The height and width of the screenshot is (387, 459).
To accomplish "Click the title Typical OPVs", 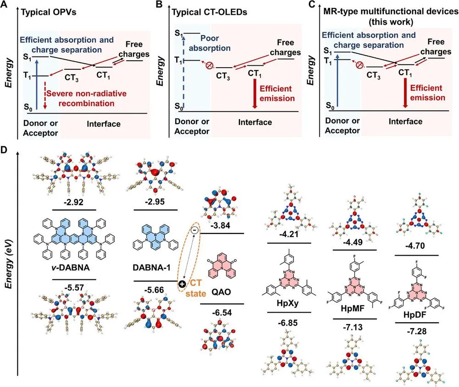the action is point(49,12).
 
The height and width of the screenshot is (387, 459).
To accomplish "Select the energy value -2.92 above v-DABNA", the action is point(73,202).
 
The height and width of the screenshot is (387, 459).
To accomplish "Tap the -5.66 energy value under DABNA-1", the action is point(154,290).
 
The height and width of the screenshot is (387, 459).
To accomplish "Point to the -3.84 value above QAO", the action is point(220,226).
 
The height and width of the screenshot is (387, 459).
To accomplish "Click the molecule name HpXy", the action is point(288,303).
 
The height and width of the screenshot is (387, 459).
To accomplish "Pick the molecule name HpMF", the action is point(353,308).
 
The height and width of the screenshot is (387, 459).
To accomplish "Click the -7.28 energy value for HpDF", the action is point(417,331).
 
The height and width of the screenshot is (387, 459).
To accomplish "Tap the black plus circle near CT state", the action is point(182,284).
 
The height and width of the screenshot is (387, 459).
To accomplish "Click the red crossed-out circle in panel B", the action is point(209,66).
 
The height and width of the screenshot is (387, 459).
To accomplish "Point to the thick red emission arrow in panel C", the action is point(405,93).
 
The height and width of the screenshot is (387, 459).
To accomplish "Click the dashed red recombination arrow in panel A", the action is point(45,96).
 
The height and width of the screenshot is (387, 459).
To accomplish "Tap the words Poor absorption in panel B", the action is point(210,43).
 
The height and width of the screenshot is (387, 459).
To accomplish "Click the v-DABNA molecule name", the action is point(71,267).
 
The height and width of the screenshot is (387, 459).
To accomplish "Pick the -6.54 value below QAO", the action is point(222,313).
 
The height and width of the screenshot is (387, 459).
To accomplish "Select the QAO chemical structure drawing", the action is point(222,268).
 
